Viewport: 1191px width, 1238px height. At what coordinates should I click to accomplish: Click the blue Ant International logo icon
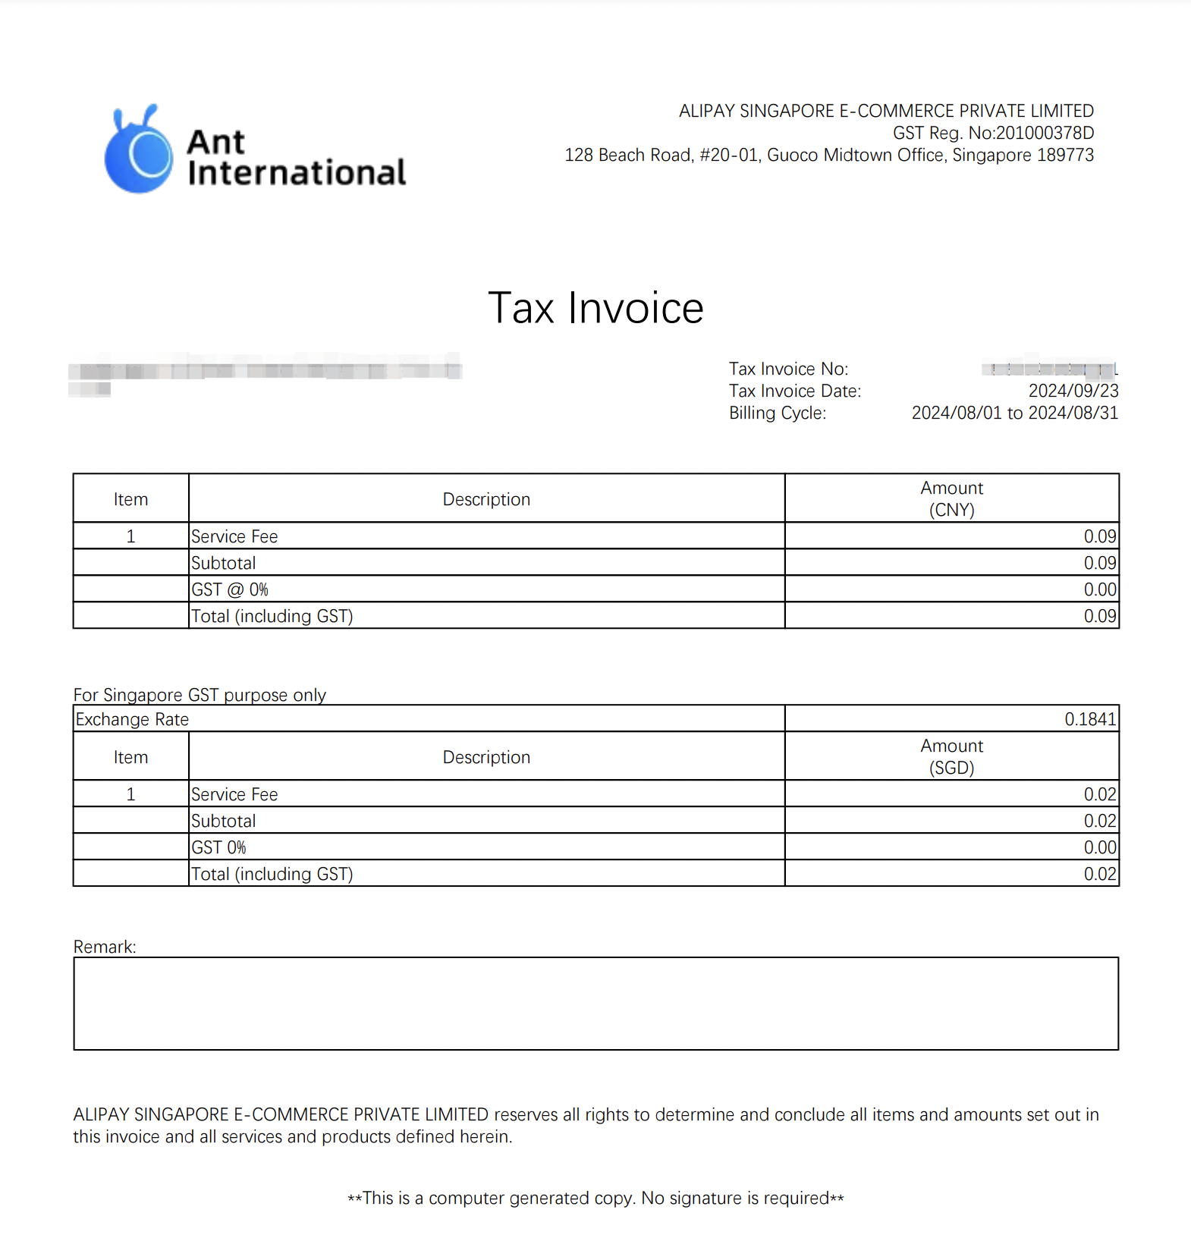click(x=140, y=151)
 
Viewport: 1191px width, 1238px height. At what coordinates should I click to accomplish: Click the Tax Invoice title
click(x=595, y=308)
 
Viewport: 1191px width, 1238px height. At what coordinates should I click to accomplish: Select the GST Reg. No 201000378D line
click(x=992, y=134)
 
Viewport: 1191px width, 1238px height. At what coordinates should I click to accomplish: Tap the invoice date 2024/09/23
click(x=1073, y=391)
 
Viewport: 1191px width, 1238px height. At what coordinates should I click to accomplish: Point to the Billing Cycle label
click(x=778, y=413)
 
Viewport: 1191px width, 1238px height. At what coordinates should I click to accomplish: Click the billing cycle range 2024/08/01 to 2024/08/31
click(x=1014, y=413)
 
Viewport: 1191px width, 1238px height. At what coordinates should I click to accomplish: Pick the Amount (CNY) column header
click(x=951, y=498)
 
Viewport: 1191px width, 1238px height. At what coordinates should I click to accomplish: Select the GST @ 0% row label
click(x=230, y=589)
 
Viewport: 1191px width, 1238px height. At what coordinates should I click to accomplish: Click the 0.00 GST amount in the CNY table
click(x=1099, y=589)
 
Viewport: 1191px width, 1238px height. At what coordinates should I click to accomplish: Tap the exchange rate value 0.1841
click(x=1090, y=719)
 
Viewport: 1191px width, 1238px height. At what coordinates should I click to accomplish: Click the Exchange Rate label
click(x=133, y=719)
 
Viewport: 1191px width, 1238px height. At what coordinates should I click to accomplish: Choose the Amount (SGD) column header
click(x=951, y=756)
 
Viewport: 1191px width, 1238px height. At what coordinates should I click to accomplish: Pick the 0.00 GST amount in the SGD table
click(x=1099, y=847)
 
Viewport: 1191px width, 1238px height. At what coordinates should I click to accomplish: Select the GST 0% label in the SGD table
click(x=219, y=847)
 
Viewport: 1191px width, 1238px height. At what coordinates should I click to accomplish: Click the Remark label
click(x=105, y=947)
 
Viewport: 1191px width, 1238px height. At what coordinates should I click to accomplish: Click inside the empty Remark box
click(x=595, y=1004)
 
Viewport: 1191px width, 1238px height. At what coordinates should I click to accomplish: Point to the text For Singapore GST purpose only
click(x=200, y=695)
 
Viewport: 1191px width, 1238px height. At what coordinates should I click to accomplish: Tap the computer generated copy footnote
click(x=595, y=1199)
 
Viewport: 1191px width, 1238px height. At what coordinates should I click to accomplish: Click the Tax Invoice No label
click(x=788, y=369)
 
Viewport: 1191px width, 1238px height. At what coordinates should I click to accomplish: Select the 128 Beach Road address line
click(x=828, y=156)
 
